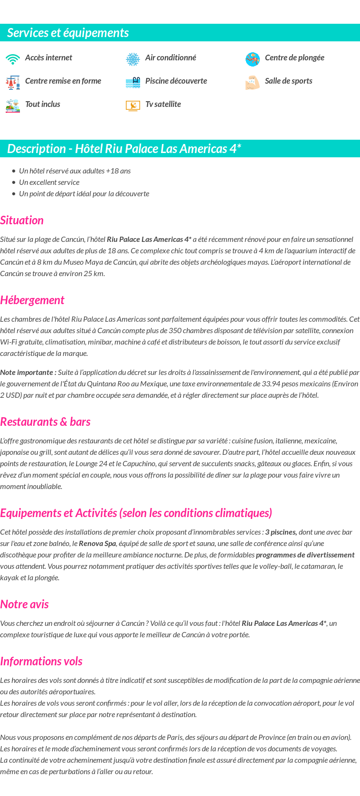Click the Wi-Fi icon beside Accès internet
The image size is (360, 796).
click(13, 59)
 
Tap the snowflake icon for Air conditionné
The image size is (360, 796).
click(133, 59)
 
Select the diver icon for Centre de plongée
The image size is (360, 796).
click(253, 59)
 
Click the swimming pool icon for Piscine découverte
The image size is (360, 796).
click(133, 82)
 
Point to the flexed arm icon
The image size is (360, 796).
click(253, 82)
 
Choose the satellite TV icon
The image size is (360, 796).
click(133, 105)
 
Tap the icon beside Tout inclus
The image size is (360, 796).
click(13, 105)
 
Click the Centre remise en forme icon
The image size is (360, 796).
click(13, 82)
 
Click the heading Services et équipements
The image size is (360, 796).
click(68, 33)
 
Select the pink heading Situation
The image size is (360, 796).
click(22, 220)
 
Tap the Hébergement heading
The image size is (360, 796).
click(32, 300)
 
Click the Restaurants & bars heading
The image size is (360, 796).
click(45, 422)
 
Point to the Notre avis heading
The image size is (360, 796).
click(25, 604)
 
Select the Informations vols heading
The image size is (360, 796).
click(41, 661)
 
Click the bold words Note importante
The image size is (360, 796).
click(28, 372)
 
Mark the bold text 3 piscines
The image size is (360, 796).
click(281, 532)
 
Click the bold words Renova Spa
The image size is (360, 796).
click(97, 543)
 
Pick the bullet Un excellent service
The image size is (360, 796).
click(49, 182)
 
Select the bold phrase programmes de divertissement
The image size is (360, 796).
click(305, 555)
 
